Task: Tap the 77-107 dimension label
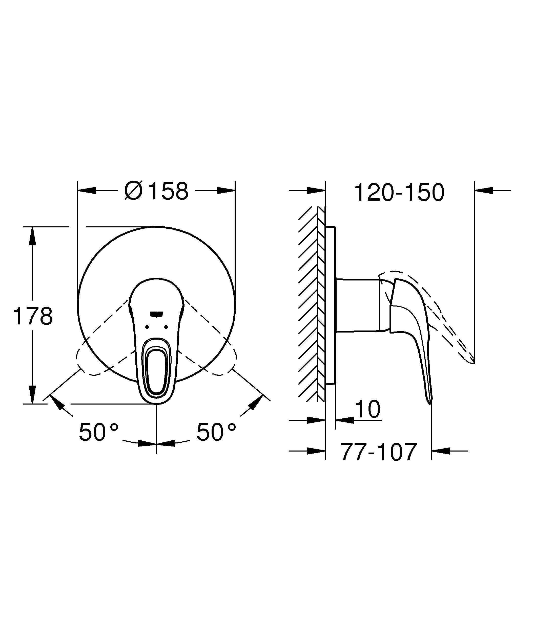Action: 378,452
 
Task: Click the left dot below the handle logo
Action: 147,327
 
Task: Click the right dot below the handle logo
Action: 166,327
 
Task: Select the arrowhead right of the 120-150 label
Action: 484,191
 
